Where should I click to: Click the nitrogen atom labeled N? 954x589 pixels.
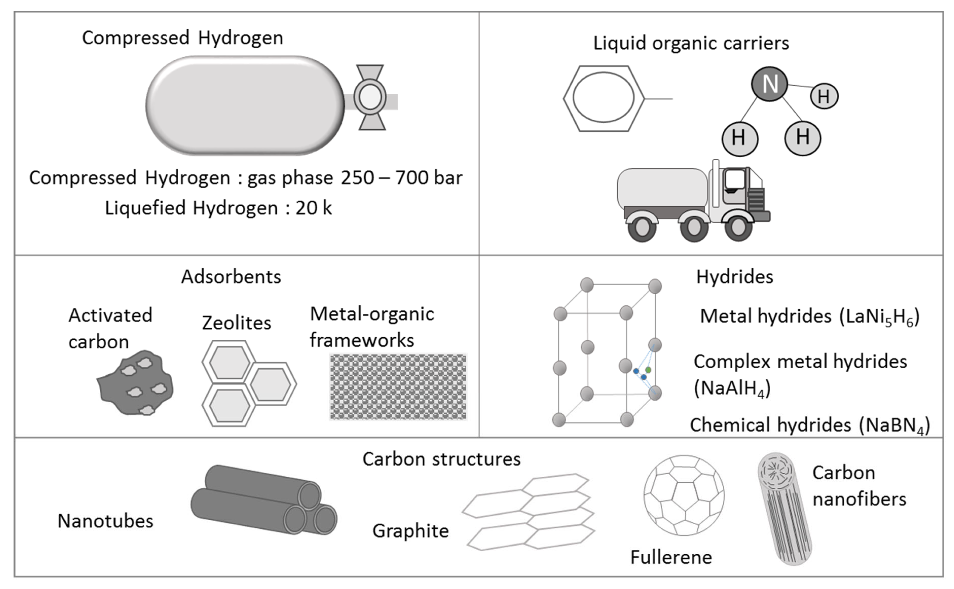[x=769, y=84]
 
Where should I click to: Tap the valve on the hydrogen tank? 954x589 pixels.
[x=370, y=97]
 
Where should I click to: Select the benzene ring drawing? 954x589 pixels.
[x=604, y=99]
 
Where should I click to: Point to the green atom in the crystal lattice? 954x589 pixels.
[x=648, y=369]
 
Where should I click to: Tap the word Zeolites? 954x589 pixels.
[x=236, y=323]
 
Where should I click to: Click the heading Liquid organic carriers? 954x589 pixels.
[x=691, y=43]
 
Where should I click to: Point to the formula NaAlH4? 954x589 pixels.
[x=732, y=388]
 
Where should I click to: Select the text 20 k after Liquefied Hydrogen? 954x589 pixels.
[x=314, y=208]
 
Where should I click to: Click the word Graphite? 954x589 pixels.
[x=410, y=531]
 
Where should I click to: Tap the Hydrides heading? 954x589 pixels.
[x=734, y=277]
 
